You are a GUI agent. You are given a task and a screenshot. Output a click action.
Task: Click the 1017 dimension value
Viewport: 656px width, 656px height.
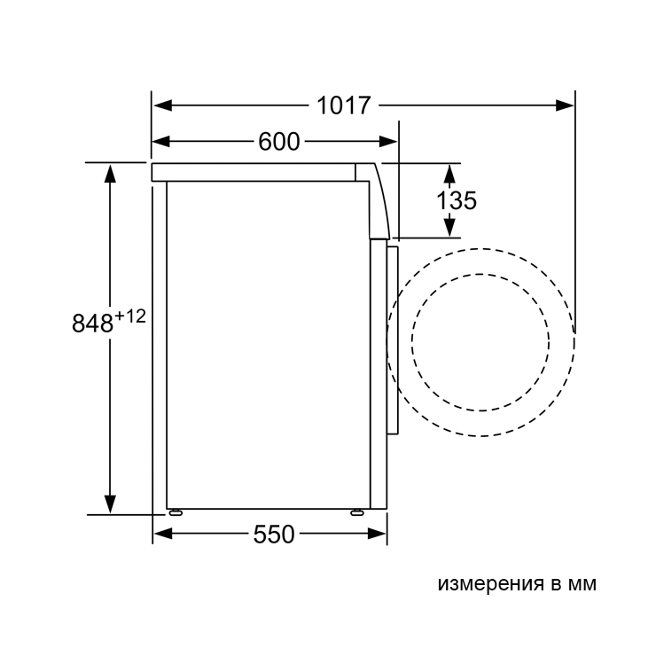tap(343, 105)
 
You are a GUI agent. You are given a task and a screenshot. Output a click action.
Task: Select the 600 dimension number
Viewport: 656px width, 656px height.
tap(278, 142)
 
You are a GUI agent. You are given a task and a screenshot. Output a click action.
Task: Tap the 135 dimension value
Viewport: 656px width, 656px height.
tap(457, 200)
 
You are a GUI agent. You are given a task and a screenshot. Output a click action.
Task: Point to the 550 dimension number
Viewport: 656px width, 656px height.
tap(274, 535)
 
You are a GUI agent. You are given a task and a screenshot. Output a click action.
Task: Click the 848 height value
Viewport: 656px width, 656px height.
tap(92, 323)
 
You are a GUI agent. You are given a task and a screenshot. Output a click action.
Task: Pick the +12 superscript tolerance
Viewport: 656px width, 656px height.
tap(130, 316)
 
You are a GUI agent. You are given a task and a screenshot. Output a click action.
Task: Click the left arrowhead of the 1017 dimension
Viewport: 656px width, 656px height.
tap(162, 105)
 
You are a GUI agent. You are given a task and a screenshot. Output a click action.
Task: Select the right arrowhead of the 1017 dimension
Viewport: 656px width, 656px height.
tap(565, 105)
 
